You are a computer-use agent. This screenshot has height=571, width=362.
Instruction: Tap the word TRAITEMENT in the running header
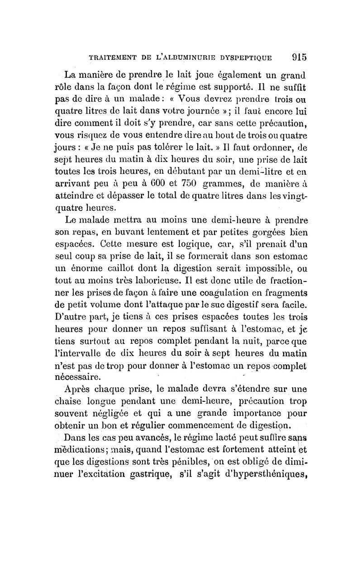pos(111,58)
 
